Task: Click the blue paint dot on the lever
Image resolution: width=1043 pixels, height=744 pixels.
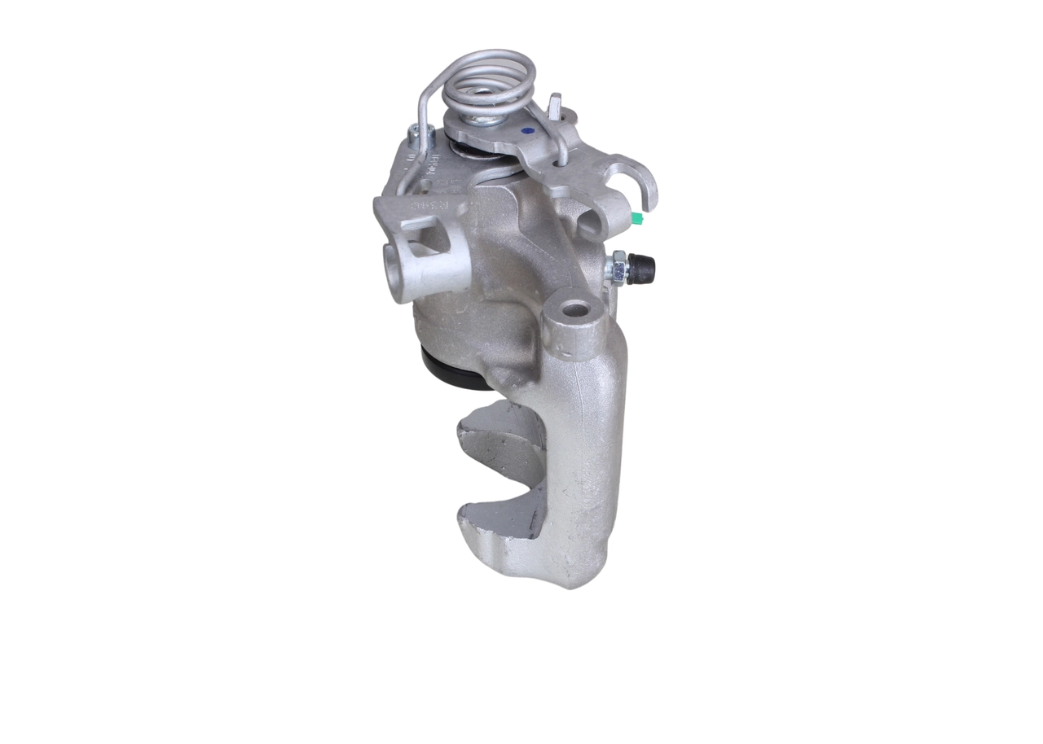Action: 527,130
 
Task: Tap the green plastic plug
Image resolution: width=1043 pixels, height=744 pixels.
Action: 636,217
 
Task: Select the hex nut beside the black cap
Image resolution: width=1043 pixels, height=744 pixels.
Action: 618,268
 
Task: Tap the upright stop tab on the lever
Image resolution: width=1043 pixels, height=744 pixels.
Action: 555,107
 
